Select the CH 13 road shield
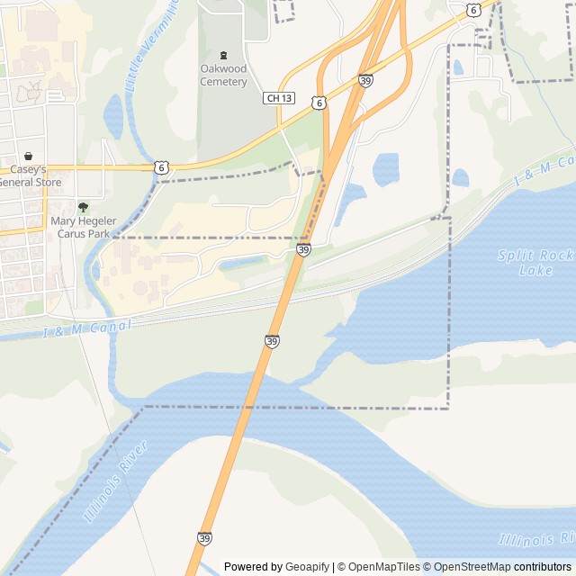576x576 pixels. tap(280, 97)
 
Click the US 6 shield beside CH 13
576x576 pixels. tap(319, 103)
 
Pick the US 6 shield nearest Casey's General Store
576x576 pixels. tap(160, 166)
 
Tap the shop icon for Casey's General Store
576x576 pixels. tap(28, 156)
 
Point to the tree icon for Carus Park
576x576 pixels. tap(83, 207)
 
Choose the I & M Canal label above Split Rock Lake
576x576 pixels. tap(544, 171)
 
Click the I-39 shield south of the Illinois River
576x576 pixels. tap(204, 537)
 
